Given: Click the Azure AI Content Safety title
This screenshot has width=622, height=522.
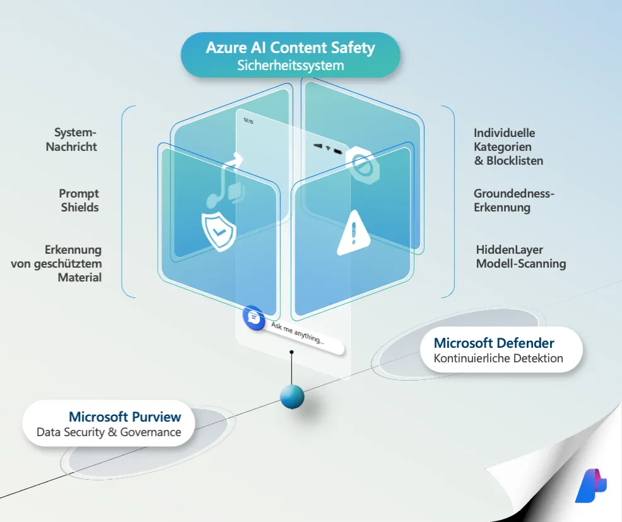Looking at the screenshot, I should (x=290, y=48).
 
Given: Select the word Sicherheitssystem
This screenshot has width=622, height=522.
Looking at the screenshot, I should (x=290, y=65).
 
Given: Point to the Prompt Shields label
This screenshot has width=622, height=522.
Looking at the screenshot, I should (x=79, y=200).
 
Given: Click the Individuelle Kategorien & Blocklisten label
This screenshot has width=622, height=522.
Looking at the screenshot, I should (x=508, y=146).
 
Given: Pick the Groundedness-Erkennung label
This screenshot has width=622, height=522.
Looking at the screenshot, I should (x=513, y=200).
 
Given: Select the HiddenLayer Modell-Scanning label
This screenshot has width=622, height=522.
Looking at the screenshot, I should (x=520, y=257).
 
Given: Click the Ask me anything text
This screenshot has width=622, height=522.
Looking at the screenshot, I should (x=297, y=332).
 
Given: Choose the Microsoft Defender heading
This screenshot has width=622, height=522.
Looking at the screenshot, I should (x=494, y=343).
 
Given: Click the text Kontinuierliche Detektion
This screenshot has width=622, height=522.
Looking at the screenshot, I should (x=498, y=359).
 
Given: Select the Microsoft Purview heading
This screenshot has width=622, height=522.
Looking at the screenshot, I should (x=125, y=417).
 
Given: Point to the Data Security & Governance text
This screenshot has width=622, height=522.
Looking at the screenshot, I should (x=109, y=432).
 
